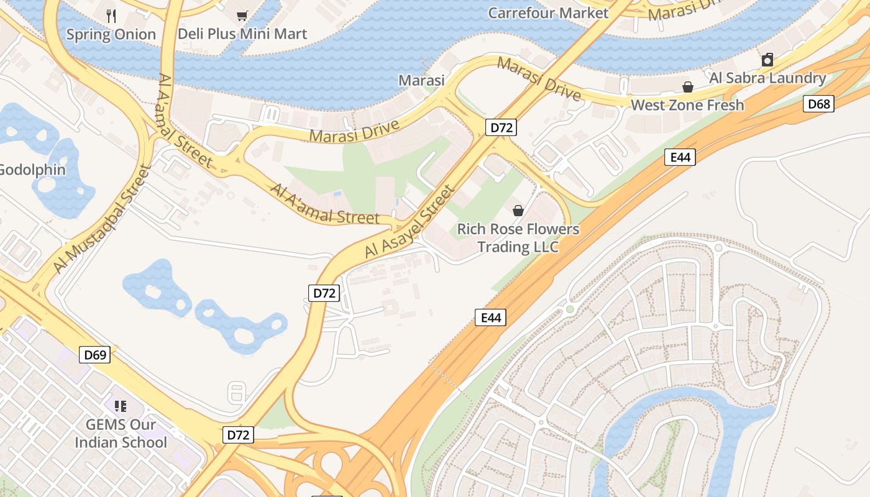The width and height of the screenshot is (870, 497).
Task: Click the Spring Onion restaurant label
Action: tap(111, 34)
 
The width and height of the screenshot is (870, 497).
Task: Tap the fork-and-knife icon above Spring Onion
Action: tap(111, 16)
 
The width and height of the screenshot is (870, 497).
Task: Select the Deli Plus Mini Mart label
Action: tap(242, 34)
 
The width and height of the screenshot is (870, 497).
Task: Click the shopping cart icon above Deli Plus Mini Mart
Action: tap(242, 16)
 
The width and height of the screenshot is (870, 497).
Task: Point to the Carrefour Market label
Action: tap(548, 12)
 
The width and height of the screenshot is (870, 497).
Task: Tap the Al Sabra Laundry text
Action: tap(767, 78)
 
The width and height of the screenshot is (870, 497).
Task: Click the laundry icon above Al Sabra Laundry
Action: tap(767, 60)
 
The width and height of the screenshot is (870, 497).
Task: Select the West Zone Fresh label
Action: tap(687, 105)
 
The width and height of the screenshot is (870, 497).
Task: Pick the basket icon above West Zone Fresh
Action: tap(688, 87)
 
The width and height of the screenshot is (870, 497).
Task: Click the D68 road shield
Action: tap(818, 104)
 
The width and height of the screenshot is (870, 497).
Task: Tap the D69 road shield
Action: tap(95, 355)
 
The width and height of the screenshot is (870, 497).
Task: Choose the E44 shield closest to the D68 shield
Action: tap(680, 157)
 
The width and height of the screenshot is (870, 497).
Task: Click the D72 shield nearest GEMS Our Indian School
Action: tap(238, 435)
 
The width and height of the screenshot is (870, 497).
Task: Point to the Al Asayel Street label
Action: tap(411, 222)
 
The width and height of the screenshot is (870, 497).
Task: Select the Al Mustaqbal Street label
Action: tap(103, 219)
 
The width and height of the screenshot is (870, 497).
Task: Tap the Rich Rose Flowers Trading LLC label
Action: tap(518, 238)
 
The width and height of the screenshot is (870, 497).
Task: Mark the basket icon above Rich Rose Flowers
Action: tap(518, 211)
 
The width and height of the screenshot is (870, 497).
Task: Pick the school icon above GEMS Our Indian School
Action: tap(121, 406)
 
